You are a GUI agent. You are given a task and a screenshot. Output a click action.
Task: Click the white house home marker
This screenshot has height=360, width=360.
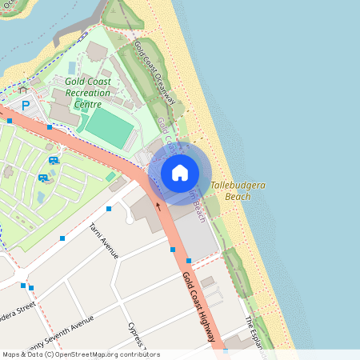tap(180, 173)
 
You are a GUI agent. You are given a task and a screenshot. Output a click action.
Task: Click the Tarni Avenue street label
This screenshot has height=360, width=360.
tap(105, 241)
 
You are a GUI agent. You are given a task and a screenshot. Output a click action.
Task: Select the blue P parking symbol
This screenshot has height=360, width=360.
tap(26, 105)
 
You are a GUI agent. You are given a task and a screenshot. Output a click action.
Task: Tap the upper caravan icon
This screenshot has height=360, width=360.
tap(53, 160)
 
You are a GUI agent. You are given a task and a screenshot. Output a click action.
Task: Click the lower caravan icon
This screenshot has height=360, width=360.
tap(43, 177)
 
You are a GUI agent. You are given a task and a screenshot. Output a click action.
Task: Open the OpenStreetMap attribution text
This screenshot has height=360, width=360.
tap(80, 354)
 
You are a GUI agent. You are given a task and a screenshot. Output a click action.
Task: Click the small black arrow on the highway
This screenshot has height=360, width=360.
tap(158, 205)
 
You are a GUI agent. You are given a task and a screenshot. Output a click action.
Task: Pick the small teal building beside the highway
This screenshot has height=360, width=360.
tap(110, 176)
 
